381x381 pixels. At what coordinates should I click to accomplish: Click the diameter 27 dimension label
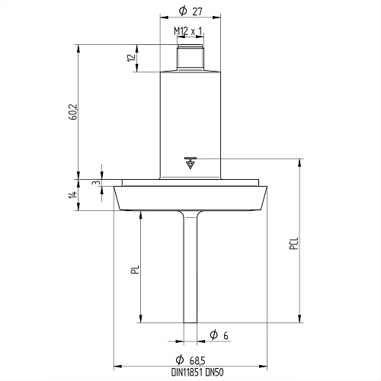click(190, 11)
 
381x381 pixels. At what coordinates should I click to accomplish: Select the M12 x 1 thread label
click(188, 31)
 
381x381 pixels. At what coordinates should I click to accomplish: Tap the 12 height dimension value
click(131, 58)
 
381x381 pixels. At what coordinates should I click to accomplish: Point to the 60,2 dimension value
click(73, 112)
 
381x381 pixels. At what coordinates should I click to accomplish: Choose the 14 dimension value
click(73, 195)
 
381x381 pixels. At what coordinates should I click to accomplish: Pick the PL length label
click(136, 270)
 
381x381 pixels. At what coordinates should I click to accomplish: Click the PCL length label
click(294, 243)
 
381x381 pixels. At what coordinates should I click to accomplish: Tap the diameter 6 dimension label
click(219, 335)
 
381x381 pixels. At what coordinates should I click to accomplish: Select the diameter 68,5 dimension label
click(190, 360)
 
